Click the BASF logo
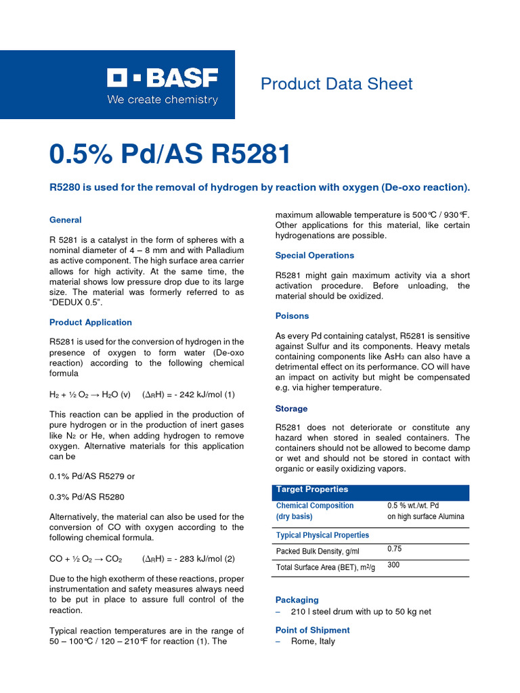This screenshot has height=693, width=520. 162,87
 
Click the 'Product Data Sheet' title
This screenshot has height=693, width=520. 337,84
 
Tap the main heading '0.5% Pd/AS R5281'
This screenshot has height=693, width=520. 170,155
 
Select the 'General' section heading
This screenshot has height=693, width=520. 66,220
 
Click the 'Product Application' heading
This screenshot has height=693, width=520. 91,323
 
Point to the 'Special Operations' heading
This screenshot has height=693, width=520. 314,256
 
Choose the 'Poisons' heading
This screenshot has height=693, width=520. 292,316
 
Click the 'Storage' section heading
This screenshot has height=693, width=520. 291,409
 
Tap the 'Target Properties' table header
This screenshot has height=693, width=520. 312,489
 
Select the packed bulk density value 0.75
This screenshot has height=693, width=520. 394,549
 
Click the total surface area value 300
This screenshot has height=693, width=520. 393,564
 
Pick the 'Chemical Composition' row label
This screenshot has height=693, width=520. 315,506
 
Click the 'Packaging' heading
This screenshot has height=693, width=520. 297,600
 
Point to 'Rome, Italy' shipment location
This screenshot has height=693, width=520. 313,642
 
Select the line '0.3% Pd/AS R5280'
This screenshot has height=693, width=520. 87,497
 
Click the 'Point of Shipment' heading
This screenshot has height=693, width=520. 312,630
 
